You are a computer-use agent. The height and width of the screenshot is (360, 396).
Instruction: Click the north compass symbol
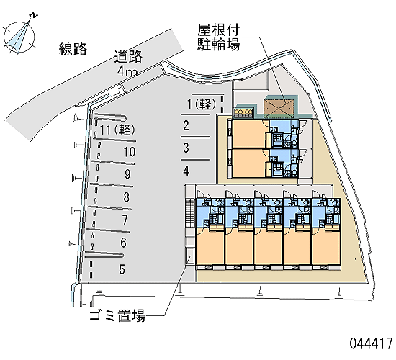tap(19, 36)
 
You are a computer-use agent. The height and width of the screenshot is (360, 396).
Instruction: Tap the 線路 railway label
tap(73, 49)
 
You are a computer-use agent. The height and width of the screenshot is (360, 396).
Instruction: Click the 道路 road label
tap(129, 56)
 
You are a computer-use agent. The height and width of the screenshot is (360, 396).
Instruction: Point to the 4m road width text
tap(127, 71)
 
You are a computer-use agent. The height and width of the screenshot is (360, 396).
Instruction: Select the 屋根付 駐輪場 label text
tap(218, 37)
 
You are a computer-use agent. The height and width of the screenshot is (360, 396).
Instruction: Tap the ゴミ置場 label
tap(117, 315)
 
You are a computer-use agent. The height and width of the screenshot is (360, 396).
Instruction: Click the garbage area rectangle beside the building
tap(190, 256)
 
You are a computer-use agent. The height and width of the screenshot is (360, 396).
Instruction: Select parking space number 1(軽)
tap(202, 104)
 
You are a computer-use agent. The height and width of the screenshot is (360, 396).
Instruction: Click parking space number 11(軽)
tap(117, 130)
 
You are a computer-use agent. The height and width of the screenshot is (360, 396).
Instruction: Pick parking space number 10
tap(130, 152)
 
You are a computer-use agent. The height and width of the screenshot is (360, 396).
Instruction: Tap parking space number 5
tap(122, 269)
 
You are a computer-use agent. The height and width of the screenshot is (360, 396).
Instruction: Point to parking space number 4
tap(186, 171)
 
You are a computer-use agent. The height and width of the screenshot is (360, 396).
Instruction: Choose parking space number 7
tap(125, 220)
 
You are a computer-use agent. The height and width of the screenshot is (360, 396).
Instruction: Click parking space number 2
tap(186, 125)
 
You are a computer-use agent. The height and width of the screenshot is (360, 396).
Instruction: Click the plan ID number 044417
tap(371, 343)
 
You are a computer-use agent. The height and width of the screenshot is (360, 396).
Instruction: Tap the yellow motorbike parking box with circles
tap(243, 112)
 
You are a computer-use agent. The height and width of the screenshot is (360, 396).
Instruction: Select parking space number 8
tap(127, 197)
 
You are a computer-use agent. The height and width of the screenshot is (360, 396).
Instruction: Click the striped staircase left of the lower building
tap(190, 213)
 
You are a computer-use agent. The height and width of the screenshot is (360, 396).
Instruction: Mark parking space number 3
tap(186, 148)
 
